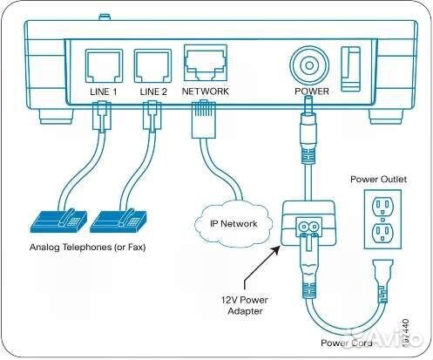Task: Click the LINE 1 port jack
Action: (x=102, y=65)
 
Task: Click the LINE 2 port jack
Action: (x=152, y=65)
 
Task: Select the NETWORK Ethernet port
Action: (x=206, y=64)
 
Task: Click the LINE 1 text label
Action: (x=102, y=92)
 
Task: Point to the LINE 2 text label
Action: (x=152, y=92)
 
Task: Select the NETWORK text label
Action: (x=206, y=92)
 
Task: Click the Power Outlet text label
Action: (x=380, y=180)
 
